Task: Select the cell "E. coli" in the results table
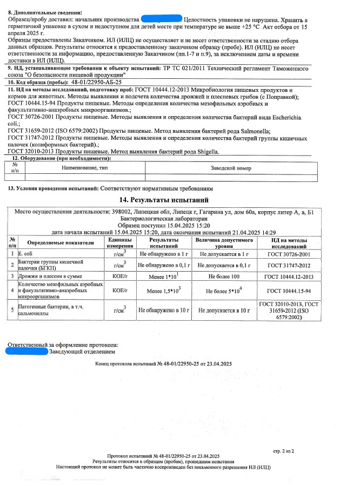[x=25, y=253]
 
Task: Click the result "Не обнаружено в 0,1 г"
[x=163, y=265]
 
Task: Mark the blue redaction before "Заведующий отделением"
[x=25, y=351]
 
